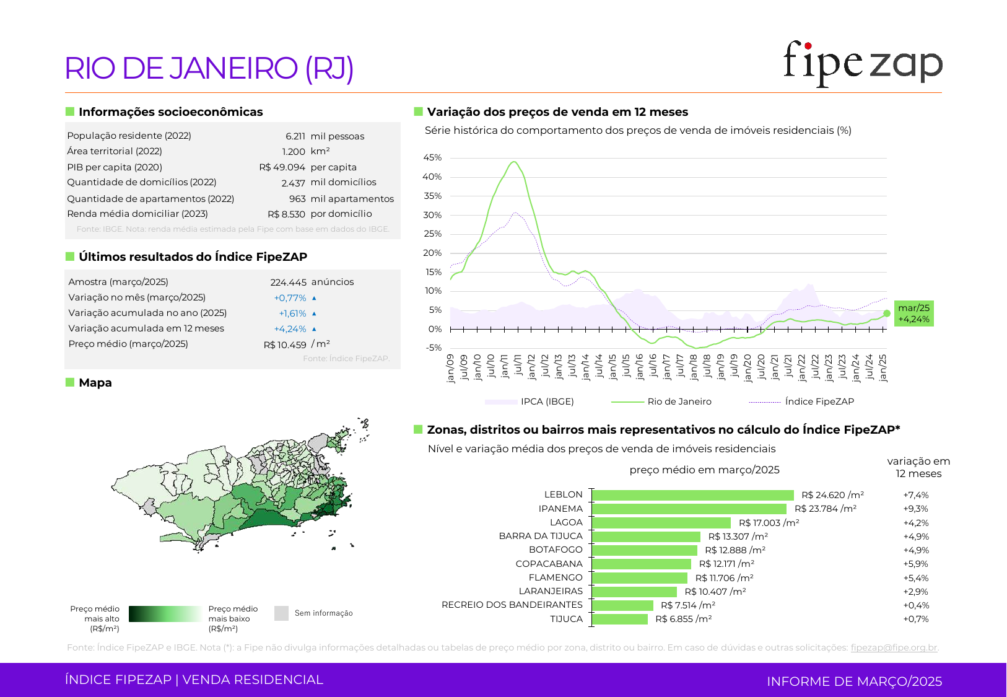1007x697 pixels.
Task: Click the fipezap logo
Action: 862,63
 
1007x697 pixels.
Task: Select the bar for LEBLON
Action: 693,495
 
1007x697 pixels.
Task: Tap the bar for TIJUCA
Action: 620,619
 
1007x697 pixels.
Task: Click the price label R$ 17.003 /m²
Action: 769,523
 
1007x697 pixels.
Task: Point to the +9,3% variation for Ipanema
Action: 915,509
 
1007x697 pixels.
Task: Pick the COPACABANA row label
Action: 549,564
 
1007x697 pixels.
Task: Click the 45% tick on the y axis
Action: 432,157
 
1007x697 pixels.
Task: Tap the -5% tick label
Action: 434,348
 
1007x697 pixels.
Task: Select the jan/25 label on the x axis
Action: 883,368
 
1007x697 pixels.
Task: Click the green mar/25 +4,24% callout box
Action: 913,313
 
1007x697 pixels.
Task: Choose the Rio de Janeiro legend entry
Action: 679,401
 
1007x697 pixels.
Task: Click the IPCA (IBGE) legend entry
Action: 547,401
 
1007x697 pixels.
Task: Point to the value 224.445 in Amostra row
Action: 288,282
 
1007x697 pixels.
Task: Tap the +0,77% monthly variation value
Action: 290,298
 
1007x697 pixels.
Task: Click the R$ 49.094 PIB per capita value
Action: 282,167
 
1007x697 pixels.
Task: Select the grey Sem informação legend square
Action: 281,613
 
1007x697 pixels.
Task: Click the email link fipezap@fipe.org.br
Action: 894,647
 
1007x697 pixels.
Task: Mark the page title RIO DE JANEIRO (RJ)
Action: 209,68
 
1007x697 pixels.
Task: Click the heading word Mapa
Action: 95,383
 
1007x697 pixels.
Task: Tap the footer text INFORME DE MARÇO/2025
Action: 854,682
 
